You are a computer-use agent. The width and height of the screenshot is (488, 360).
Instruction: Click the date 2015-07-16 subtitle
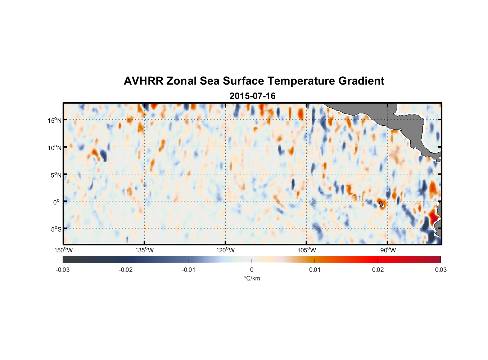pyautogui.click(x=252, y=96)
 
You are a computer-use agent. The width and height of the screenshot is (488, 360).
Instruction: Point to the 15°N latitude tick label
pyautogui.click(x=55, y=120)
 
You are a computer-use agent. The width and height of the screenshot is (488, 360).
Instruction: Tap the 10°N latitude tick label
pyautogui.click(x=55, y=148)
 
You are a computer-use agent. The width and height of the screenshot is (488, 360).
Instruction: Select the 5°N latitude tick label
pyautogui.click(x=56, y=175)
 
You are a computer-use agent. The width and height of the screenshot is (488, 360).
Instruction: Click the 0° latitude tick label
pyautogui.click(x=57, y=202)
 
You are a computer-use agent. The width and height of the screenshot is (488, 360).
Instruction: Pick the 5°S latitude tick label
pyautogui.click(x=56, y=229)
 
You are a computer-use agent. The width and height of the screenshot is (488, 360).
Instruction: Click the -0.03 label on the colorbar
pyautogui.click(x=63, y=270)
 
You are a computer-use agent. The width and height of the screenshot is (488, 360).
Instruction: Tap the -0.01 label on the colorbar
pyautogui.click(x=189, y=270)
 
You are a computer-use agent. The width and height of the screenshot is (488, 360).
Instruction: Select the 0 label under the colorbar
pyautogui.click(x=252, y=270)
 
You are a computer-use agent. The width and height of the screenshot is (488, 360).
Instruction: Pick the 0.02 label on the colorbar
pyautogui.click(x=378, y=270)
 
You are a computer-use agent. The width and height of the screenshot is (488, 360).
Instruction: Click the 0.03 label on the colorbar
pyautogui.click(x=440, y=270)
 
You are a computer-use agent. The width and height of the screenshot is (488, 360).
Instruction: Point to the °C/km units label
pyautogui.click(x=252, y=278)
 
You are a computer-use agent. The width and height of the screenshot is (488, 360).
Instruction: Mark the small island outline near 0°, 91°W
pyautogui.click(x=381, y=204)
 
